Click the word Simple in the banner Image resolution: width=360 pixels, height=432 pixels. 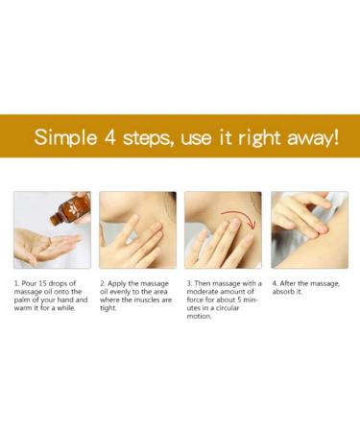point(65,138)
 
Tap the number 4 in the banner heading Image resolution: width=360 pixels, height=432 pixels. point(109,137)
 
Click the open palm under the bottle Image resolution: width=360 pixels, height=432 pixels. point(47,246)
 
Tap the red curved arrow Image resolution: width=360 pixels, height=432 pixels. point(239,218)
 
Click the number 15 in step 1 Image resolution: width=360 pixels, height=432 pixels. point(42,283)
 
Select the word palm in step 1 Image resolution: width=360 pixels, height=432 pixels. point(20,300)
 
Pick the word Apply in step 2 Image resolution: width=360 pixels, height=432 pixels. point(116,284)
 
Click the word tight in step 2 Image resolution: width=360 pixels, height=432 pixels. point(108,308)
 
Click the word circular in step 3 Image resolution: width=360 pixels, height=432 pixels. point(228,308)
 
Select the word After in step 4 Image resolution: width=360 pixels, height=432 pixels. point(287,283)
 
